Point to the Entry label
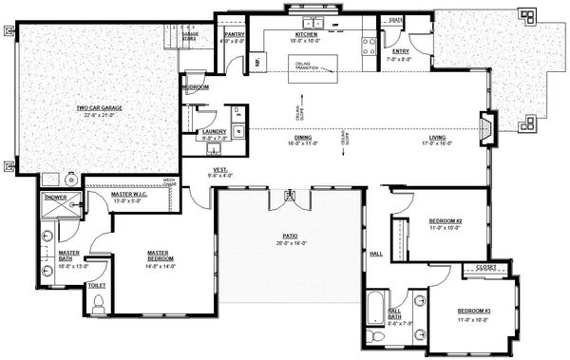point(397,51)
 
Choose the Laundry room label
point(214,132)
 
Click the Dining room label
point(303,139)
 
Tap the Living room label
point(437,139)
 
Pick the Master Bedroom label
point(160,254)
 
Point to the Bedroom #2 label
point(446,221)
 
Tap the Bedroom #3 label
point(473,311)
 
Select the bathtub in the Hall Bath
point(375,313)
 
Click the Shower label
point(56,198)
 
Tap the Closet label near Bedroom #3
point(484,268)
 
